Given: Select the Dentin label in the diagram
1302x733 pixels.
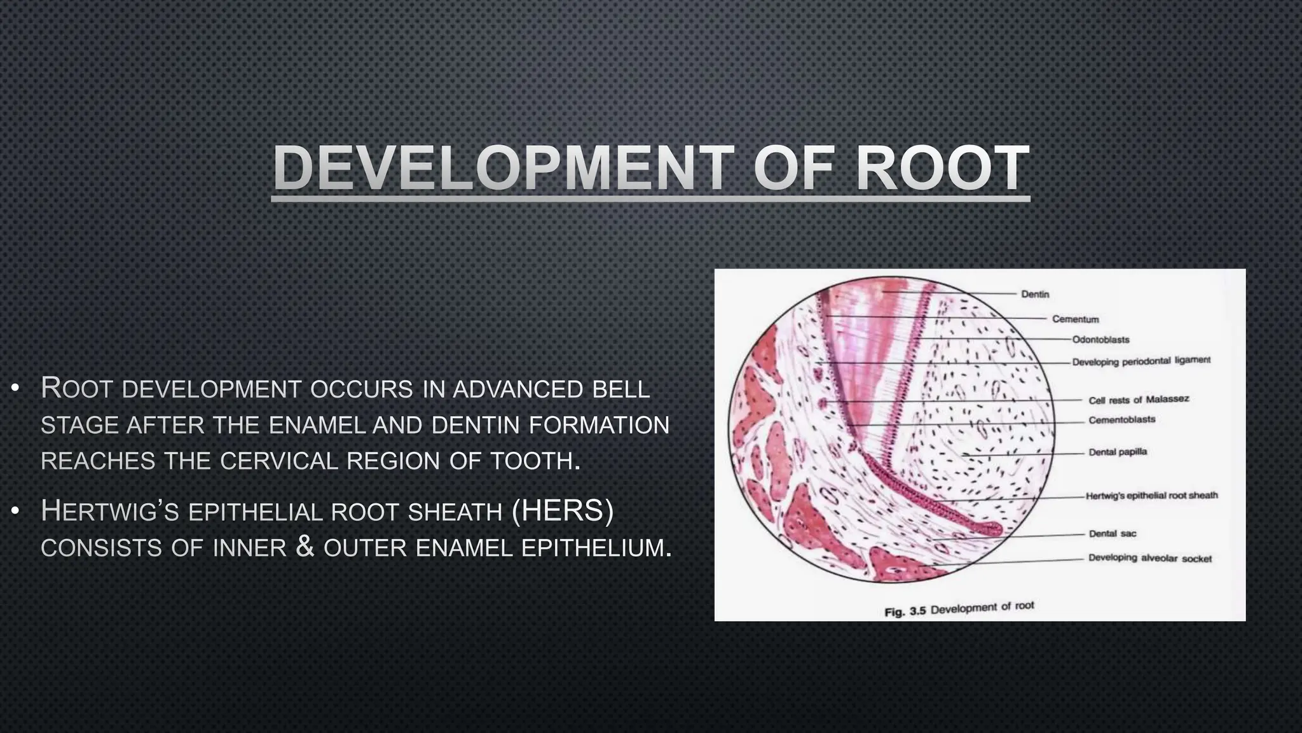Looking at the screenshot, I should tap(1035, 294).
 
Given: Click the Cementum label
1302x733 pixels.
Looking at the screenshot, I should tap(1075, 319).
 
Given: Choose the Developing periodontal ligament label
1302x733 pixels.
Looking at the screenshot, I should tap(1141, 361).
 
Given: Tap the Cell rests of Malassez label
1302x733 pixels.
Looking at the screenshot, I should tap(1138, 400).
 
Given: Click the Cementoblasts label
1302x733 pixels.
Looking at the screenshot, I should tap(1121, 420).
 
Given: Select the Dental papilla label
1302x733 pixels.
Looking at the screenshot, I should tap(1118, 452).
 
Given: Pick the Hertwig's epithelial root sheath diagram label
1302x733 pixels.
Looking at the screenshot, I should tap(1151, 495).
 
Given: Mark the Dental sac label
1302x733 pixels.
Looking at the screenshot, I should tap(1112, 533).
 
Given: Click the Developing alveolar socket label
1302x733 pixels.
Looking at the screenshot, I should tap(1149, 558).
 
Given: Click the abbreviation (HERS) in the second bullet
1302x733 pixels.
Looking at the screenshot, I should tap(563, 511).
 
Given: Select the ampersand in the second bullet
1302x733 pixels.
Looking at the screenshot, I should tap(305, 547).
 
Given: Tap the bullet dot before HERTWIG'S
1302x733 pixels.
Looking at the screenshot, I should tap(17, 510).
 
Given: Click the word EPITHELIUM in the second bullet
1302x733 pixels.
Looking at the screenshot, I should tap(596, 548).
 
